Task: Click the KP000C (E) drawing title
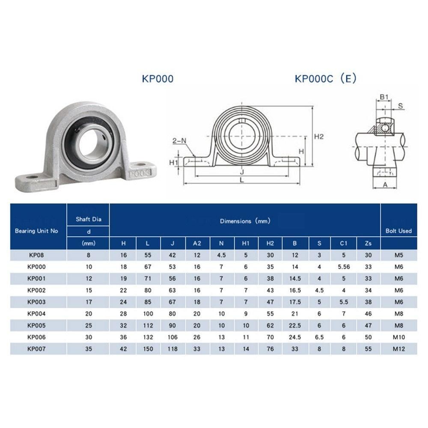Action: point(326,79)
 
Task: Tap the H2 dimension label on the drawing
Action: point(318,137)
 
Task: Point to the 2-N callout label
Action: point(179,141)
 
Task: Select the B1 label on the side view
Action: point(384,97)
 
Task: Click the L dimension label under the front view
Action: point(242,180)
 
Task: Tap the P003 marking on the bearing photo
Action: point(140,173)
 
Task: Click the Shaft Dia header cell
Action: point(89,219)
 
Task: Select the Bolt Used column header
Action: point(398,231)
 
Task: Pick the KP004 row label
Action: point(36,314)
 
